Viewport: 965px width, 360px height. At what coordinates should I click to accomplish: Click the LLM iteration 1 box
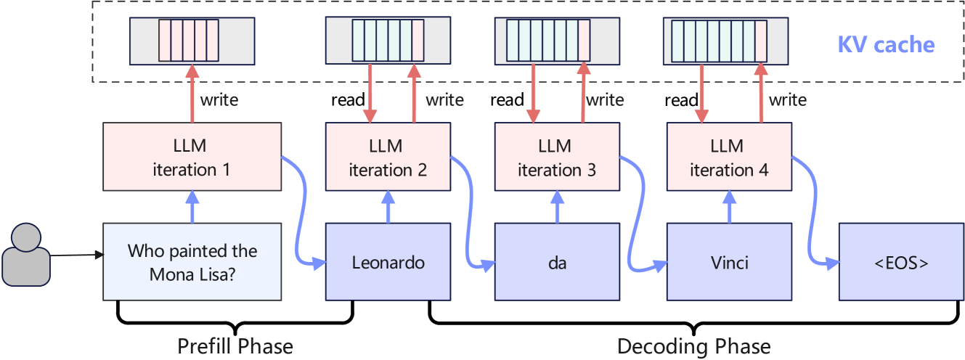tap(192, 157)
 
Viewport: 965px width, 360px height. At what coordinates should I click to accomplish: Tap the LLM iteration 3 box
tap(557, 157)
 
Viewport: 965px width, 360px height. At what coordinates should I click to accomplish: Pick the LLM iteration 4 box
tap(728, 157)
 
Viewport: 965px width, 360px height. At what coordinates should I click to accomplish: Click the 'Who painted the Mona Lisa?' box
tap(192, 262)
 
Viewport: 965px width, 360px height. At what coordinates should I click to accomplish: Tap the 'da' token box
tap(557, 262)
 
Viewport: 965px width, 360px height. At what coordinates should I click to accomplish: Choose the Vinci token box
tap(728, 262)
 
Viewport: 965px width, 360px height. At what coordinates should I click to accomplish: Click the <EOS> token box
tap(901, 262)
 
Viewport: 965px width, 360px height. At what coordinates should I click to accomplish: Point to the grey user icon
tap(25, 256)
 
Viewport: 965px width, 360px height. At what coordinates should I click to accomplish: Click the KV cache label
tap(886, 45)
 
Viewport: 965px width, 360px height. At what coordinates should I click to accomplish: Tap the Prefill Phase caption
tap(235, 346)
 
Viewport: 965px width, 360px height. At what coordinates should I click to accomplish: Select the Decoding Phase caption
tap(693, 346)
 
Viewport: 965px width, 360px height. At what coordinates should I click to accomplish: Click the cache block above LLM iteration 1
tap(192, 41)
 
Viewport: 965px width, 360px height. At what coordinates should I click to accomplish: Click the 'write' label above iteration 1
tap(219, 99)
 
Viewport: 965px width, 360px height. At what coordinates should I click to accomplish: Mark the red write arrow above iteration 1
tap(192, 94)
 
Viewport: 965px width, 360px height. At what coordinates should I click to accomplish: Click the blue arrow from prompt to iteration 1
tap(192, 207)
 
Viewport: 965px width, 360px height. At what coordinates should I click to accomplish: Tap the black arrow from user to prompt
tap(76, 255)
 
